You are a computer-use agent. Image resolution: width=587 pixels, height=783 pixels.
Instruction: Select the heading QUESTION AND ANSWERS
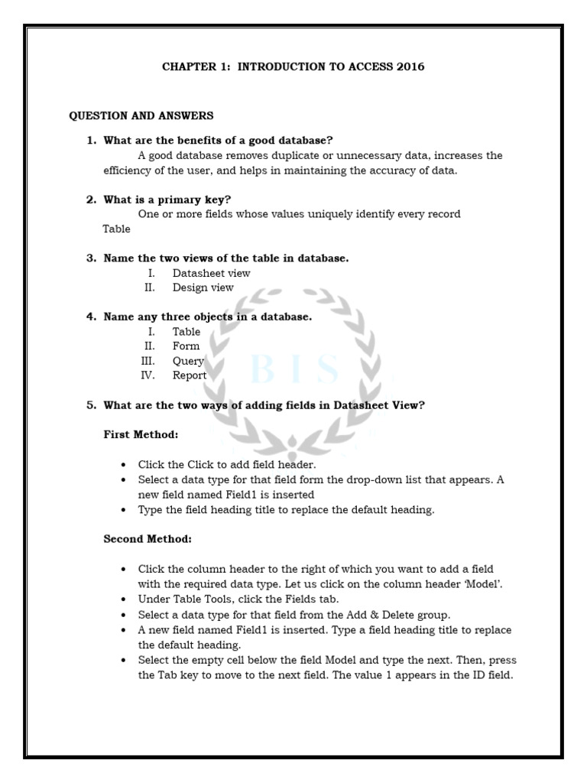[141, 116]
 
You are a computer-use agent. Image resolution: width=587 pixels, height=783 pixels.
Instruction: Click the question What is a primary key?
[167, 200]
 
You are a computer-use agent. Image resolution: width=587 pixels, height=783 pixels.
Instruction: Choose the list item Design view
[203, 288]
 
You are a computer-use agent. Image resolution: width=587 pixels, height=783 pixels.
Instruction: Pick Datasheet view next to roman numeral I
[211, 273]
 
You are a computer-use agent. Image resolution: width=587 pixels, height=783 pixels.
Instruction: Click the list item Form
[186, 346]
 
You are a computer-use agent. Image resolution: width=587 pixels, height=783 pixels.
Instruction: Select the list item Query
[188, 361]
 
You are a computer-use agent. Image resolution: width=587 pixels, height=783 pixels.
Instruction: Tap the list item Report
[190, 375]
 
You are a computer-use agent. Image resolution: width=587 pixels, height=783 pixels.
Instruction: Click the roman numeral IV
[148, 375]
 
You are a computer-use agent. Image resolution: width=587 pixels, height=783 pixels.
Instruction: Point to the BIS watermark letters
[294, 370]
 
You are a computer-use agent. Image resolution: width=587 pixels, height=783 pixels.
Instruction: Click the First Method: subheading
[141, 434]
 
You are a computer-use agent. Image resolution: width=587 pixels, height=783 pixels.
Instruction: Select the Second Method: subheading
[148, 539]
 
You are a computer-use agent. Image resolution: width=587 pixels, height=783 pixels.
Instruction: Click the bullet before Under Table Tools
[124, 600]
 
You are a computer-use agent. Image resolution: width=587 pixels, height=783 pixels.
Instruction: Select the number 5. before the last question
[91, 405]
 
